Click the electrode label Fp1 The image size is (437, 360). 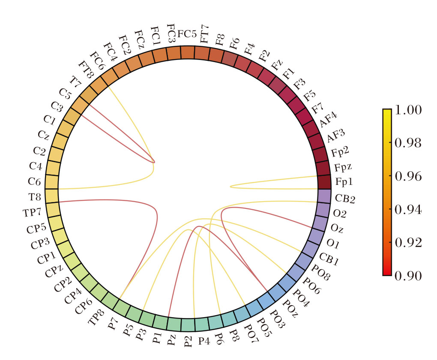click(344, 182)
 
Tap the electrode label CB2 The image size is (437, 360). click(345, 199)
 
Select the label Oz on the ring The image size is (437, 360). click(337, 229)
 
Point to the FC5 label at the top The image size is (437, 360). click(187, 34)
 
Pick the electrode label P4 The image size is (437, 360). click(204, 342)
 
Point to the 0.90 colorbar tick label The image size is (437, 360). click(407, 275)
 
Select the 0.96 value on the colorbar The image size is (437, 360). click(407, 176)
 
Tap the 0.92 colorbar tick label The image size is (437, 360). click(407, 242)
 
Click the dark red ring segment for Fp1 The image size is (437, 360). click(324, 182)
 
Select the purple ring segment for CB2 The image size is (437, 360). click(324, 196)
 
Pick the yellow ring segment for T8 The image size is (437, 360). click(51, 195)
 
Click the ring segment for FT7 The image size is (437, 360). click(201, 52)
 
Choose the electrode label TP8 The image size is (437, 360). click(96, 317)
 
